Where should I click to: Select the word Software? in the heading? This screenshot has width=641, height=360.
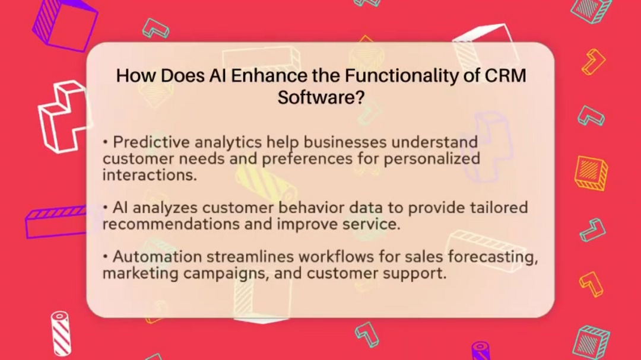[x=320, y=97]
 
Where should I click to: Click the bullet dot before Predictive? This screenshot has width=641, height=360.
[x=105, y=143]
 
